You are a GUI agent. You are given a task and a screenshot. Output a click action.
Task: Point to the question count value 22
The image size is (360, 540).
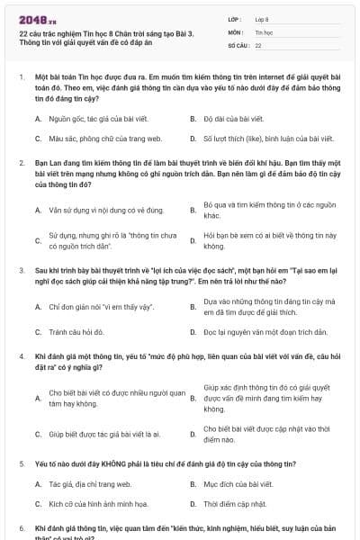tap(258, 44)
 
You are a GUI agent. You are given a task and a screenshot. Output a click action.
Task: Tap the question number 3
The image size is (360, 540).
tap(21, 270)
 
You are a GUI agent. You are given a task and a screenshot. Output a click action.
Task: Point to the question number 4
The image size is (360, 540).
tap(21, 356)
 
